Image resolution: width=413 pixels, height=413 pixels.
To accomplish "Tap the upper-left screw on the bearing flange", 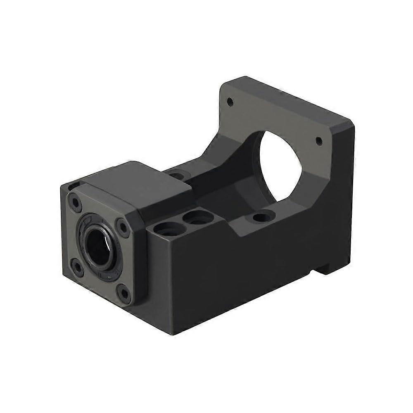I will pyautogui.click(x=75, y=202).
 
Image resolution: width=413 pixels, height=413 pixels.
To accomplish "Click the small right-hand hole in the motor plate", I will pyautogui.click(x=318, y=141).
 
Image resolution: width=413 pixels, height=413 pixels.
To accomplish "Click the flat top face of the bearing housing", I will pyautogui.click(x=136, y=182).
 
